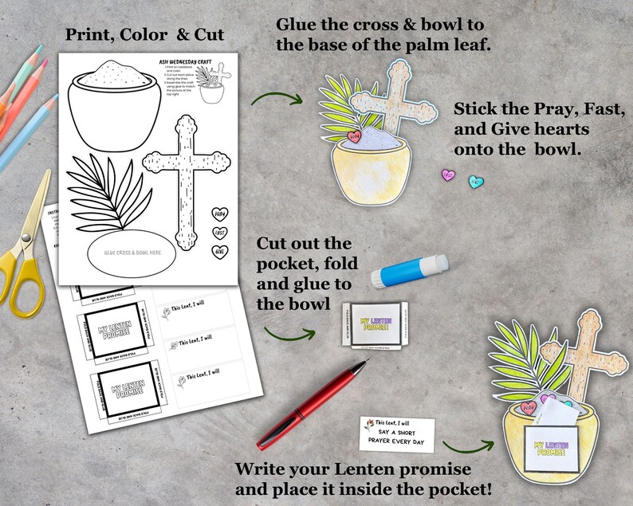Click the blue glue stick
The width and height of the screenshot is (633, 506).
[x=410, y=269]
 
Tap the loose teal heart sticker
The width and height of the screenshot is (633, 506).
[x=476, y=182]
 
